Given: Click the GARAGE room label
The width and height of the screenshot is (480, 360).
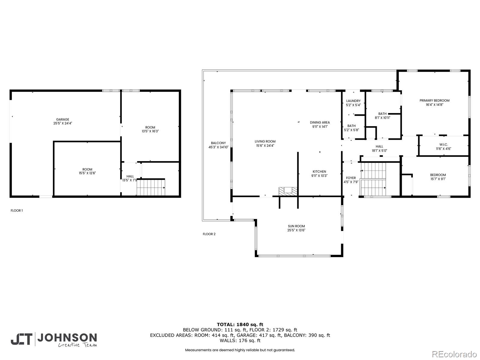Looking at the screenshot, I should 62,120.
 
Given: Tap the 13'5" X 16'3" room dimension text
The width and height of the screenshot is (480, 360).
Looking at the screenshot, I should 150,131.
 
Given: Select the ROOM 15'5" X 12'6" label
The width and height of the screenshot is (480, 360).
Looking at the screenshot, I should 87,171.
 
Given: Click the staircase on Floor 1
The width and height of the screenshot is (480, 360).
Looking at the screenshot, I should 151,187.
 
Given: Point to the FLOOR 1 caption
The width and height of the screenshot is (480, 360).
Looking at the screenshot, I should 16,211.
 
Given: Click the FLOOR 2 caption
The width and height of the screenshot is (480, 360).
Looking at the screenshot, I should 209,234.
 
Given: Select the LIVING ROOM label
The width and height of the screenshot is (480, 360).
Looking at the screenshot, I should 265,142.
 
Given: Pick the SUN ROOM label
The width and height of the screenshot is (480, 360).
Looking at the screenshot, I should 296,226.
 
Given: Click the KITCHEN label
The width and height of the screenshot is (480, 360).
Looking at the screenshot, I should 319,172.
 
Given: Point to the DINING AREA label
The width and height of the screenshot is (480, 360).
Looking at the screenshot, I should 319,122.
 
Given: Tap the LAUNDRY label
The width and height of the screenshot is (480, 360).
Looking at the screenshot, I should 353,101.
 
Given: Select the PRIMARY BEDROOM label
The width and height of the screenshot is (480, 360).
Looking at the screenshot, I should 434,101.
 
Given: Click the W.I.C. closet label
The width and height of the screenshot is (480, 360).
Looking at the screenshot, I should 443,145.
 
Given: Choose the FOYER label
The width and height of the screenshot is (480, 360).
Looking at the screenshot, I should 351,178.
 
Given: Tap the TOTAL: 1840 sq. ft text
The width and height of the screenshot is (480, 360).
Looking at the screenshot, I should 240,324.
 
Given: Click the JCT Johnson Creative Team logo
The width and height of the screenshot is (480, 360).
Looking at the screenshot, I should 54,340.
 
